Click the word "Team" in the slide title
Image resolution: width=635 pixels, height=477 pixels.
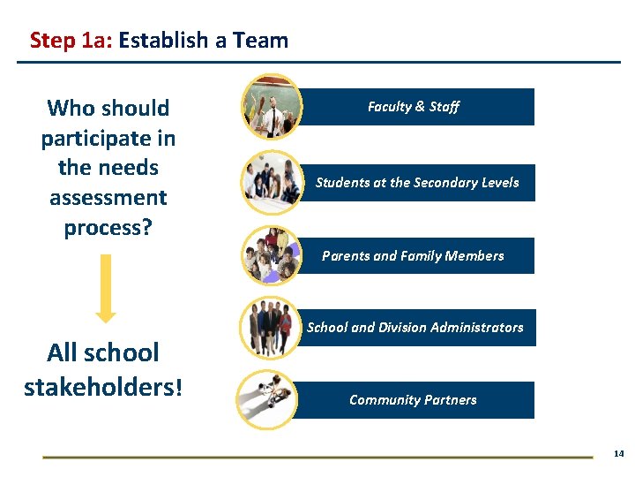tap(262, 41)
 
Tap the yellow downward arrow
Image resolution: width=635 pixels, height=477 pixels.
tap(105, 288)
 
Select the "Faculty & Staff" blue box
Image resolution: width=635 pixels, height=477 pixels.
tap(413, 107)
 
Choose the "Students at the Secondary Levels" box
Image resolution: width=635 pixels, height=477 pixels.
tap(417, 183)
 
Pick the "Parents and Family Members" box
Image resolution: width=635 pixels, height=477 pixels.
tap(413, 256)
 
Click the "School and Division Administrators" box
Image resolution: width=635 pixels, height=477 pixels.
tap(415, 328)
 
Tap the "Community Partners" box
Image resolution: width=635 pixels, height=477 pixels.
tap(413, 400)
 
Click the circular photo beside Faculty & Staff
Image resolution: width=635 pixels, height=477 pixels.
tap(273, 107)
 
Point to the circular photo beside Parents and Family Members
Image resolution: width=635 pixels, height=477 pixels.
tap(273, 254)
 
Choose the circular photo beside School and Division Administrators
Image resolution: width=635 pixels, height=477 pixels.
tap(273, 329)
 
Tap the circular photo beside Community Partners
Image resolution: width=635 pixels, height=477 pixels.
tap(273, 400)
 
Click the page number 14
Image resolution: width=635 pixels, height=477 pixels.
tap(618, 453)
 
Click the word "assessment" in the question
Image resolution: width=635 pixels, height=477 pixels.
tap(108, 198)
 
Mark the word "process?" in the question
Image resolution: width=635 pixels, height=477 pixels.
tap(108, 228)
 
